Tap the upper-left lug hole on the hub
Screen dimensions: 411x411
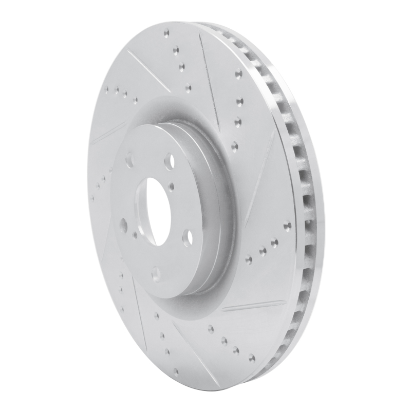coord(129,161)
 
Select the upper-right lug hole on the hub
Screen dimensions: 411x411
coord(169,161)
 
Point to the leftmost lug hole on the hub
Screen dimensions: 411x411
coord(123,224)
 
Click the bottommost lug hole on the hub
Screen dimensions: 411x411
coord(155,274)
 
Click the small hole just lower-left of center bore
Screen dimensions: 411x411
coord(135,234)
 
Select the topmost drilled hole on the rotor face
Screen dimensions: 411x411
coord(166,34)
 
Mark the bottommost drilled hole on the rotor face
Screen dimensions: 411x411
coord(176,371)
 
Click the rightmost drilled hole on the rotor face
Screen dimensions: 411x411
coord(287,225)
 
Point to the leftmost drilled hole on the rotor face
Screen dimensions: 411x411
coord(92,197)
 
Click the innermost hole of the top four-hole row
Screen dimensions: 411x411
coord(188,88)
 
